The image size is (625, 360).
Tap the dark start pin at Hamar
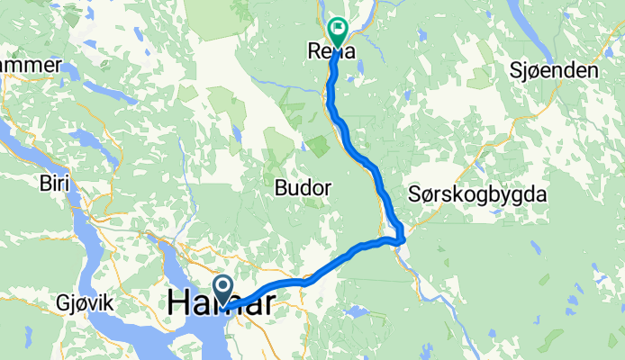pos(224,289)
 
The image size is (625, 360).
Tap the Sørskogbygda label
pos(477,193)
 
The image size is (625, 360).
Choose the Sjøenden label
pos(555,70)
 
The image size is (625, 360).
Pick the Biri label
pos(54,184)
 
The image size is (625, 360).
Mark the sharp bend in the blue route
pos(401,238)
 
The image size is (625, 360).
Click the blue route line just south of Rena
pos(331,85)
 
